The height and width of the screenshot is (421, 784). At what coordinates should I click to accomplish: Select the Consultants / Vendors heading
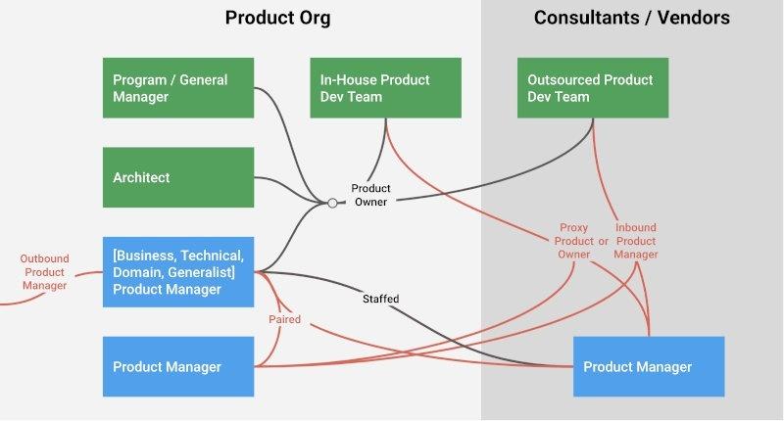632,18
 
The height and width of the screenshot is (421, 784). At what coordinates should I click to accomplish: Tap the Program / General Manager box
178,88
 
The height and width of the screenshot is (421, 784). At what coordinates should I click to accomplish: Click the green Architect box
178,177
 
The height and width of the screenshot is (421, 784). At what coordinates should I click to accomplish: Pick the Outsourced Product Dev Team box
593,88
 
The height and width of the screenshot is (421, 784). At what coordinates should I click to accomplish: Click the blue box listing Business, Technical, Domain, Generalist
178,271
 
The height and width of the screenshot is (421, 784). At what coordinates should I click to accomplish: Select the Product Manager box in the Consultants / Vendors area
649,366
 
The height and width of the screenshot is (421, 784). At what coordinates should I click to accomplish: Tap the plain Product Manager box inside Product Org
178,366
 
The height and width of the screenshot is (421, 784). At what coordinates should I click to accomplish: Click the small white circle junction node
332,203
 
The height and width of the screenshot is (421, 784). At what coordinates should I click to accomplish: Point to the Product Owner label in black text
371,195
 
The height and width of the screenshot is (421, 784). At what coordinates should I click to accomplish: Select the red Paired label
284,319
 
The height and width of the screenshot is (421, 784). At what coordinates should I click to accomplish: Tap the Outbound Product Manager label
44,271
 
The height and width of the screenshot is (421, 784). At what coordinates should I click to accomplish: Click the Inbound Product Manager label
636,241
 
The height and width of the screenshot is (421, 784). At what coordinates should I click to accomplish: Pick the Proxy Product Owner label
574,241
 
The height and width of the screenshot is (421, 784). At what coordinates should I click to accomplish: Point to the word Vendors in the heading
695,18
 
